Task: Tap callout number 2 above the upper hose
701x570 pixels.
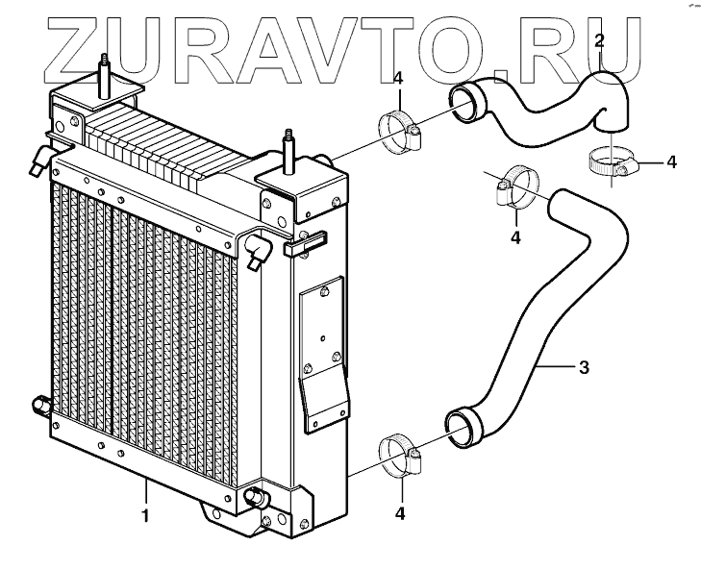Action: [599, 40]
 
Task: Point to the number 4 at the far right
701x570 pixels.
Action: [671, 162]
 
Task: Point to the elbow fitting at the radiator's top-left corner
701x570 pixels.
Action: [40, 160]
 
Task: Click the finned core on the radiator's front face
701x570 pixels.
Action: [144, 327]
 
